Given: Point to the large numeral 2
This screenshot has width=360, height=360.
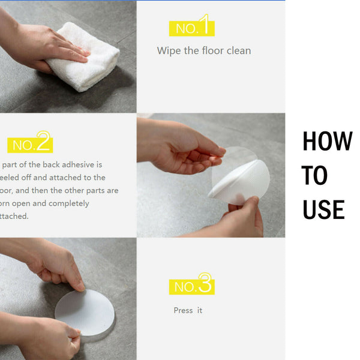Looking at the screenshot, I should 44,142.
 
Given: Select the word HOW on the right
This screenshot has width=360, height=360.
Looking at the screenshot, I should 327,142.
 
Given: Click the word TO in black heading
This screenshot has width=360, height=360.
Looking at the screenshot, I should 315,176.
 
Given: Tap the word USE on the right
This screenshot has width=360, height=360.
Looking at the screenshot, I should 323,210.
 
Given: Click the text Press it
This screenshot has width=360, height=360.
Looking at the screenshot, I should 188,310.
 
